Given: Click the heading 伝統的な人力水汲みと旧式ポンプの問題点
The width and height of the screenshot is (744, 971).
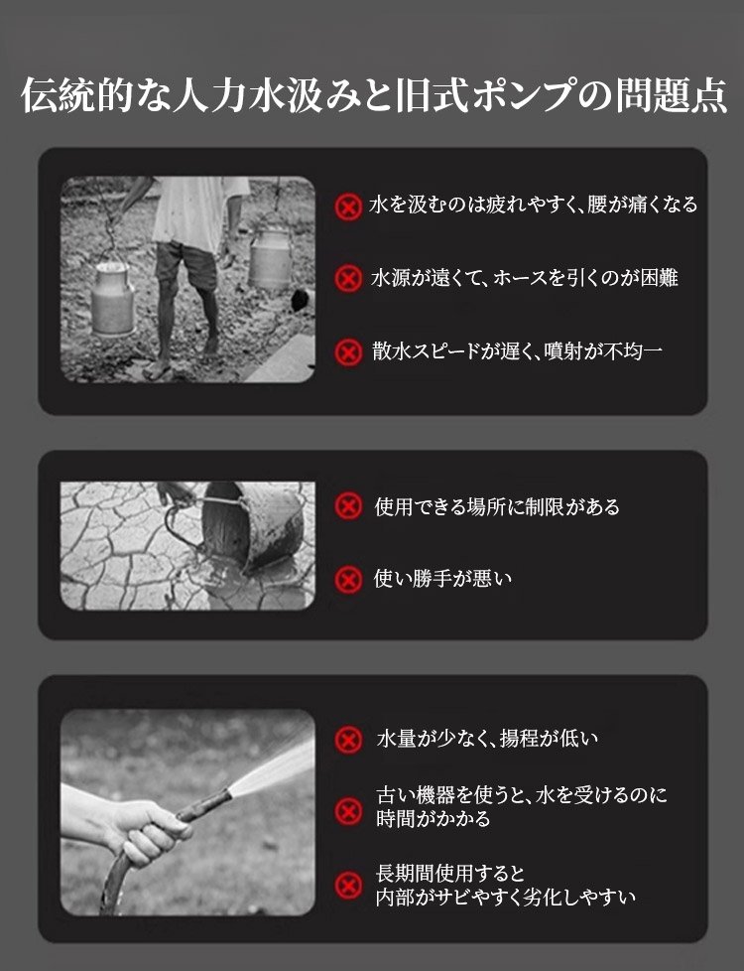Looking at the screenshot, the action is (374, 95).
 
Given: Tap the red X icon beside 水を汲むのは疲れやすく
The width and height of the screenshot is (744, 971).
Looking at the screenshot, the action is (348, 207).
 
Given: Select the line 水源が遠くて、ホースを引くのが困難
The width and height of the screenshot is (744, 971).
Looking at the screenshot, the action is (524, 278).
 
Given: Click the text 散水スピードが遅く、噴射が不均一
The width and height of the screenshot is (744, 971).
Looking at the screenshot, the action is (517, 351).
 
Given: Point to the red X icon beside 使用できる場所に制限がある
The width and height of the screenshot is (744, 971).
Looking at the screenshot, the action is (348, 506).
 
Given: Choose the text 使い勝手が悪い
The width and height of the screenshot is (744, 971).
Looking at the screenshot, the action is (442, 579).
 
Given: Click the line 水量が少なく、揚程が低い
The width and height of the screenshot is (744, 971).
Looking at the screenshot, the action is (487, 738).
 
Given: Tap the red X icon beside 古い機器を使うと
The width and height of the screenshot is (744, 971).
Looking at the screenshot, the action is (348, 811).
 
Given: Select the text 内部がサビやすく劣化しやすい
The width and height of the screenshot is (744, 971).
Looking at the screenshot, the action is (506, 897).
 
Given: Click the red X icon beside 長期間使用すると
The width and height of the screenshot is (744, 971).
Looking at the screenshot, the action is (348, 885).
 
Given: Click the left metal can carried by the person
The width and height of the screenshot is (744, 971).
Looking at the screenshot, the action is (112, 299).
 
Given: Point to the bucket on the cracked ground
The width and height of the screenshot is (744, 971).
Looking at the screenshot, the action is (253, 525).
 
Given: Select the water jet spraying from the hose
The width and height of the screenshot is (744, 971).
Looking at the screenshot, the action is (273, 767).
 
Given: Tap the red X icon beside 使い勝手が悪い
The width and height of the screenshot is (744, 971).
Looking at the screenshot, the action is (348, 580).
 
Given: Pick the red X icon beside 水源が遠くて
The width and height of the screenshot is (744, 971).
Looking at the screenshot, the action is (348, 278).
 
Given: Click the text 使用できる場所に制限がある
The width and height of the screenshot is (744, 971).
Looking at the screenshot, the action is (497, 506).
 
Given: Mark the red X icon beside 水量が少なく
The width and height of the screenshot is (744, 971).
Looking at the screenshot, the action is (348, 740).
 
